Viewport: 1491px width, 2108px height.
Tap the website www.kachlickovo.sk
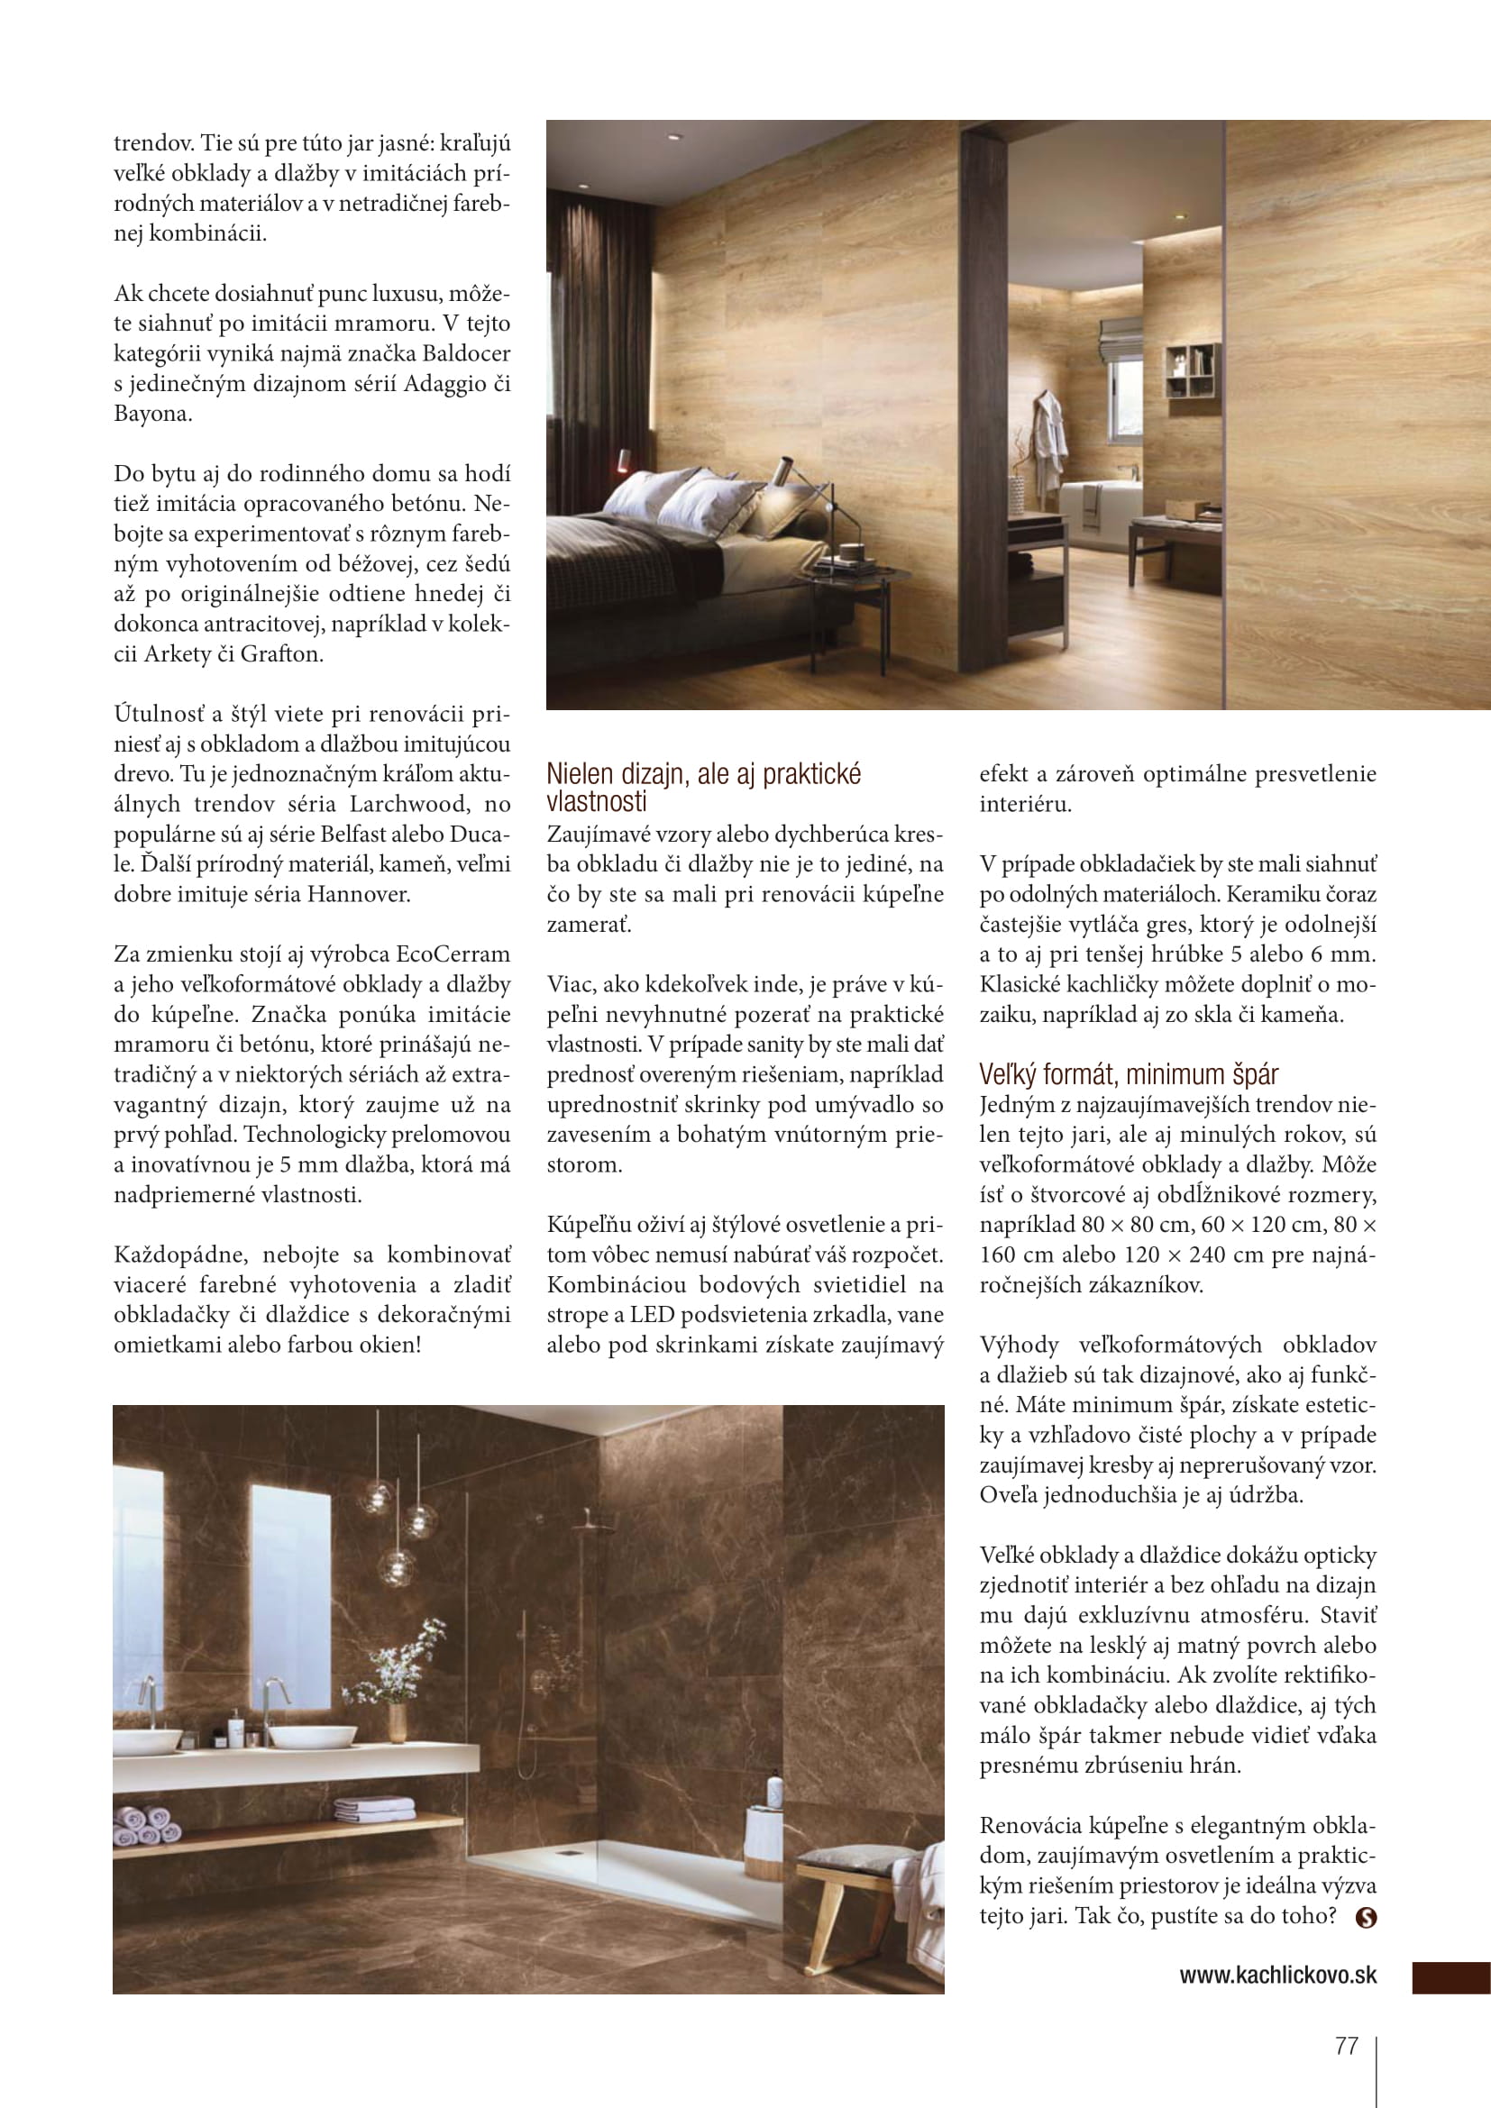[1277, 1975]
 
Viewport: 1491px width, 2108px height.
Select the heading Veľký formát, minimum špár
[1129, 1074]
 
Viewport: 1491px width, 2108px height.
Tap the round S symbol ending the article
[1366, 1917]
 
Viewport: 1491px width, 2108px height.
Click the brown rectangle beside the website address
[1450, 1977]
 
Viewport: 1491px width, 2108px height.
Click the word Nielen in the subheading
[581, 774]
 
